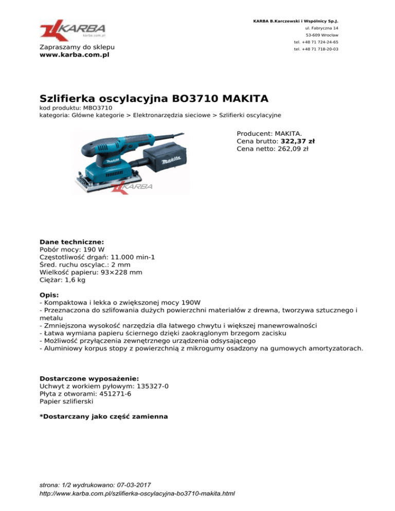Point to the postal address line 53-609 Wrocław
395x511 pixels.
tap(321, 35)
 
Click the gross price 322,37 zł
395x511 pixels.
tap(298, 141)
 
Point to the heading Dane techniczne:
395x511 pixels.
tap(71, 241)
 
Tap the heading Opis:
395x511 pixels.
tap(49, 295)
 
